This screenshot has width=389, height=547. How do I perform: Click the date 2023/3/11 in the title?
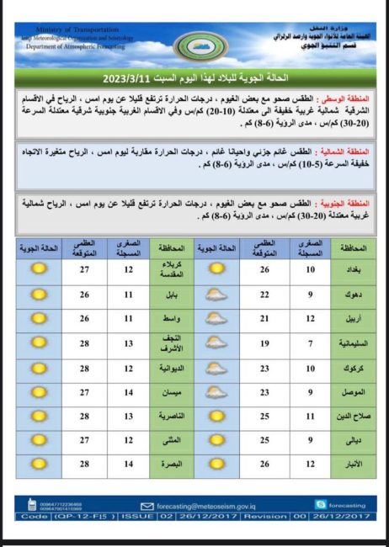[x=127, y=79]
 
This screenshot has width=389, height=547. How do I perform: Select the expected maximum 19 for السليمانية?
[x=264, y=343]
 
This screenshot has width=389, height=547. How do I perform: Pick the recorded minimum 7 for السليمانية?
[x=310, y=343]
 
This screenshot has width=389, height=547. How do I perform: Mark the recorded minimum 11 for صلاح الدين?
[x=310, y=416]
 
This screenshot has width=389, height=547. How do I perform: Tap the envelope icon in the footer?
[x=147, y=506]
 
